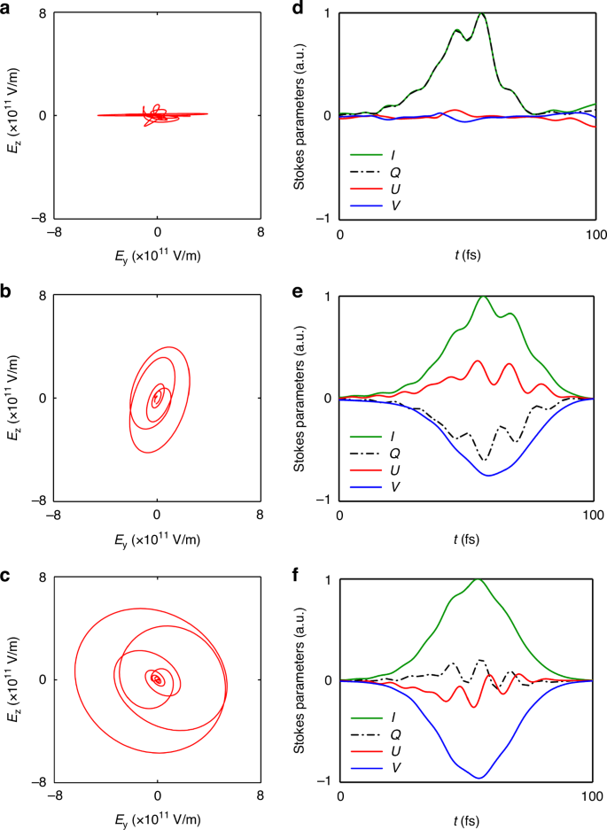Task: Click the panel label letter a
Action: click(6, 6)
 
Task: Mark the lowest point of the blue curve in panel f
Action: click(479, 778)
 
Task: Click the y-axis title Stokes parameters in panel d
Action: click(303, 115)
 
